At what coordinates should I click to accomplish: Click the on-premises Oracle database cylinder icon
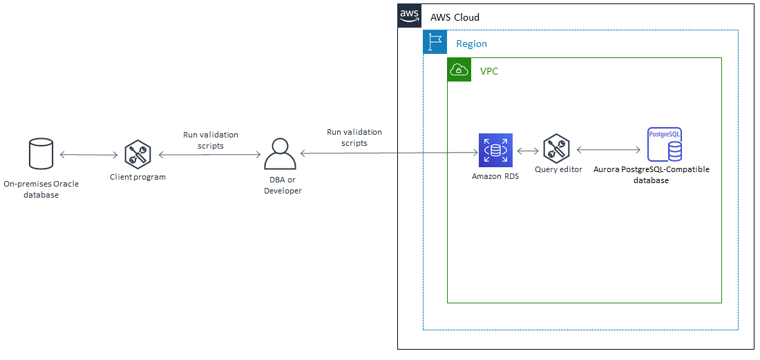[x=41, y=153]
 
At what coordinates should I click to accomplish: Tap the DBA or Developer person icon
[x=280, y=153]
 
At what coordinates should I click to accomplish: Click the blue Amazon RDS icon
[x=495, y=149]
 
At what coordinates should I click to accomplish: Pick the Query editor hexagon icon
[x=556, y=149]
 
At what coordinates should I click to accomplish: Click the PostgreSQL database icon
[x=665, y=144]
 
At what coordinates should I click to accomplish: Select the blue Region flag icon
[x=435, y=43]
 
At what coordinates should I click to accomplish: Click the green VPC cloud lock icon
[x=459, y=70]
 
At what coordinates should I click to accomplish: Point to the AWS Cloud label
[x=455, y=17]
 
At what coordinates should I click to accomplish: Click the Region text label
[x=471, y=44]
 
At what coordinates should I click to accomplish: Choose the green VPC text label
[x=489, y=71]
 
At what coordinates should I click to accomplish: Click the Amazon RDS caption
[x=495, y=176]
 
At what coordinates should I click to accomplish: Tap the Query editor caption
[x=558, y=169]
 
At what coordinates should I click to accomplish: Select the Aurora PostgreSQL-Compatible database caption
[x=652, y=174]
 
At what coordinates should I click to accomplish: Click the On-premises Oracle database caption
[x=41, y=189]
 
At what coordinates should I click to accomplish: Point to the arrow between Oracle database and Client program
[x=88, y=155]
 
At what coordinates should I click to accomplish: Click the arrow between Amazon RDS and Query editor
[x=527, y=150]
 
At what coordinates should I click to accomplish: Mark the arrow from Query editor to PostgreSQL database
[x=608, y=149]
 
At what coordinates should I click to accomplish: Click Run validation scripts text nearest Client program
[x=210, y=140]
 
